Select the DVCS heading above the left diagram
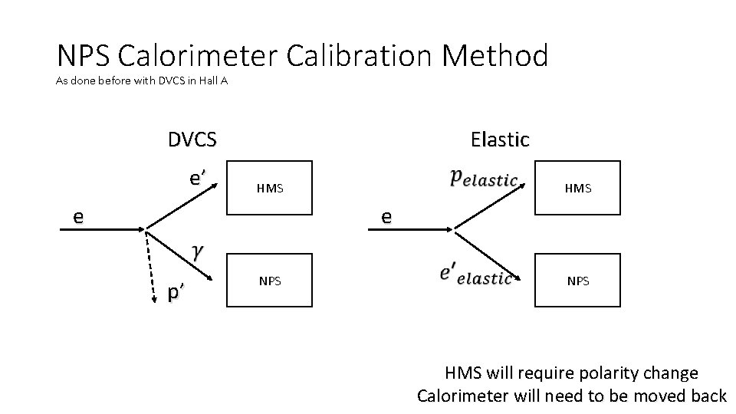coord(192,140)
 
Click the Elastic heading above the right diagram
coord(500,140)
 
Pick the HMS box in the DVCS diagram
coord(270,187)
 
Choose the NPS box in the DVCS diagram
coord(270,281)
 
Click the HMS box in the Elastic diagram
coord(577,187)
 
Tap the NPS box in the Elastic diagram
coord(577,281)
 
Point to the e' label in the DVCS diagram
coord(198,179)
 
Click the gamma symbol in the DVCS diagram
coord(198,252)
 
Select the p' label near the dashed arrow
coord(176,293)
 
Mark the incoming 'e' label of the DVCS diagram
coord(77,217)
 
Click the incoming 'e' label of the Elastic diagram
coord(386,217)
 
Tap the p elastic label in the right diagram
coord(483,178)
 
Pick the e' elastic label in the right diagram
coord(475,274)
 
